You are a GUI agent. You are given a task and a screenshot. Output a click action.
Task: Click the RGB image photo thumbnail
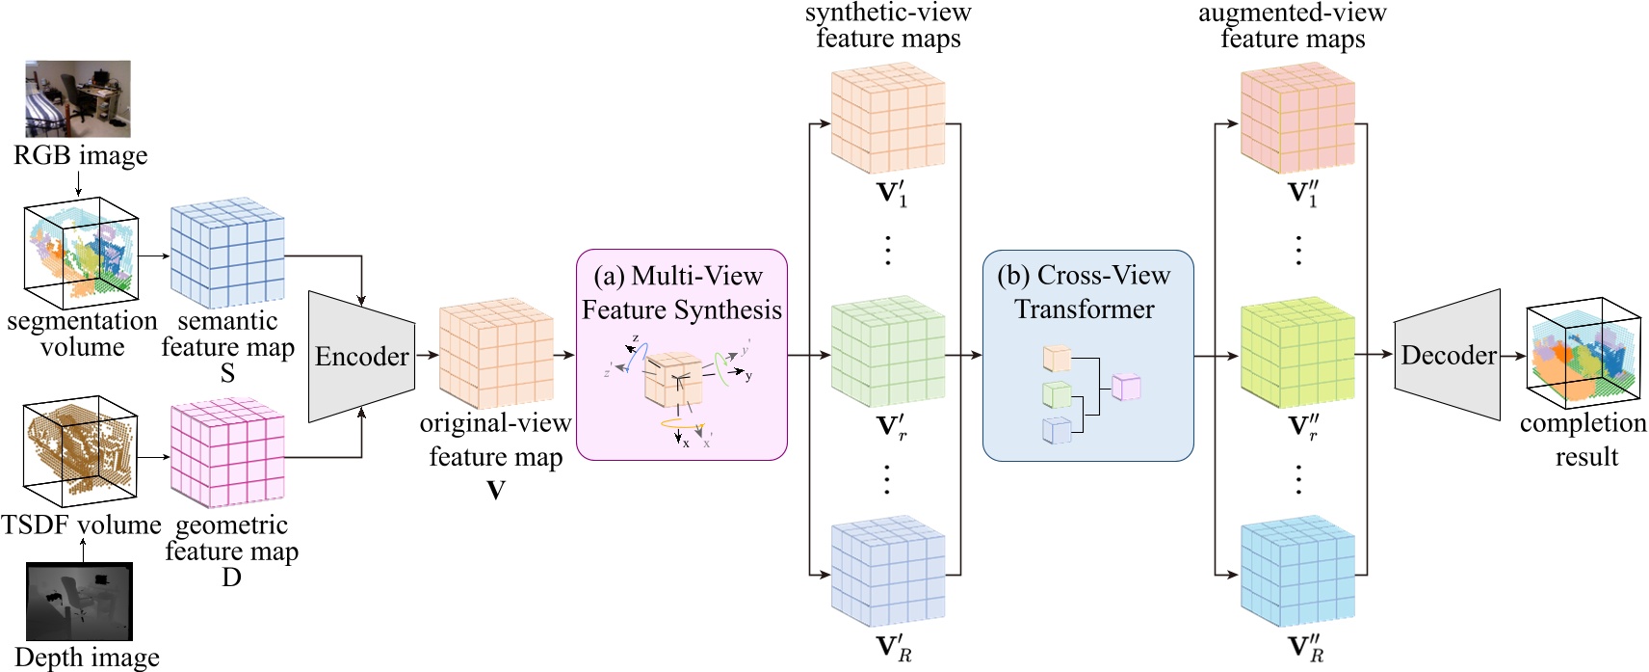(78, 98)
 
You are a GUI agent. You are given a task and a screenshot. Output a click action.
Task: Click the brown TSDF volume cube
(81, 450)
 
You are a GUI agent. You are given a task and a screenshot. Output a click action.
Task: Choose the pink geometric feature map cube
(227, 454)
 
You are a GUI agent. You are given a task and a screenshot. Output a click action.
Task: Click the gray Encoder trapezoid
(361, 356)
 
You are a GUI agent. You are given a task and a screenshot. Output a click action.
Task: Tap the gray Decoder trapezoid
(1447, 355)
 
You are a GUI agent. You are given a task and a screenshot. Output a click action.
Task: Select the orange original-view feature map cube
(496, 354)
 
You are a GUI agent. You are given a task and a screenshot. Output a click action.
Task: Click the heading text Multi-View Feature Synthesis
(682, 293)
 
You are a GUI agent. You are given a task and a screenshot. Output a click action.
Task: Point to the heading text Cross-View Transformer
(1085, 292)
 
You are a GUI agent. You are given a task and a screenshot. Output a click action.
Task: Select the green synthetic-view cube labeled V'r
(888, 352)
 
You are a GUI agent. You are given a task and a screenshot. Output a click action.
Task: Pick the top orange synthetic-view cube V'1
(888, 119)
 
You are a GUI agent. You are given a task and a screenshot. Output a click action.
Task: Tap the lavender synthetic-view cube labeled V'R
(888, 572)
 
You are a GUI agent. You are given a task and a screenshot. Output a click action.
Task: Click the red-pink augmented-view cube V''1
(1297, 119)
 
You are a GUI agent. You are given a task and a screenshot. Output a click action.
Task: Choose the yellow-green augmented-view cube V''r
(1297, 353)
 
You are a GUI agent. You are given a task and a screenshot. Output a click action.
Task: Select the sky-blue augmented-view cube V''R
(1297, 573)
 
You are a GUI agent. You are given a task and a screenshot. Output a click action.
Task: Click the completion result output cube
(1583, 355)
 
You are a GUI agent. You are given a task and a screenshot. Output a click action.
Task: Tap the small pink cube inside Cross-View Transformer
(1126, 387)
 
